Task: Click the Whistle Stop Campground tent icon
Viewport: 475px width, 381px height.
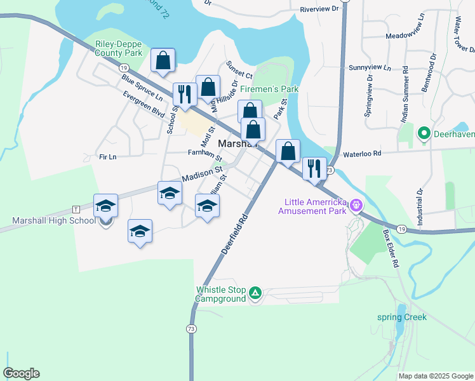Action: (x=255, y=293)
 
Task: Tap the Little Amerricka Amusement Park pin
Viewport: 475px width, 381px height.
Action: (x=357, y=204)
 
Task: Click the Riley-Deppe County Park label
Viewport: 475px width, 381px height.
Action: (x=119, y=49)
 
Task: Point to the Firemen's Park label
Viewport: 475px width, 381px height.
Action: (x=269, y=90)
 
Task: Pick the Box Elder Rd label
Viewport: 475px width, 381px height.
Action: (x=391, y=247)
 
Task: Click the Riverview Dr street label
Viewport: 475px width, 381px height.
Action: (x=321, y=10)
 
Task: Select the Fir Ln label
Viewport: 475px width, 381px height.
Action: (x=108, y=156)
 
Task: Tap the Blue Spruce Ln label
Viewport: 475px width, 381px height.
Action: (x=142, y=87)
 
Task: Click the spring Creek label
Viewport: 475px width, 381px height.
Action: (x=402, y=317)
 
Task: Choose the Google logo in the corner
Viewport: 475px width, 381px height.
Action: (x=21, y=373)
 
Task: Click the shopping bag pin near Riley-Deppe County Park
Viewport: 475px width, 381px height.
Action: (x=163, y=62)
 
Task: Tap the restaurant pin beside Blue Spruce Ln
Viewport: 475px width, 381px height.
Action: (x=184, y=94)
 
